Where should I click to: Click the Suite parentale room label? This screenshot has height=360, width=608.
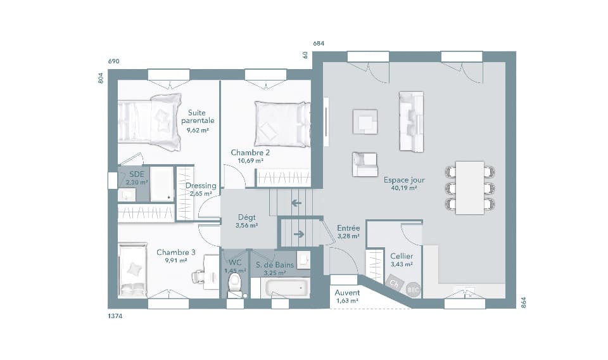tap(198, 116)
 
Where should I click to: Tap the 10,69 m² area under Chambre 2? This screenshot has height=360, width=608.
tap(250, 161)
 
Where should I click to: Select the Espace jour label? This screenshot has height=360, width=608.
tap(404, 180)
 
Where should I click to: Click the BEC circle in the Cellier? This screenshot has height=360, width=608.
tap(413, 289)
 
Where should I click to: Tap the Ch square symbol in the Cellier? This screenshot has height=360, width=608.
tap(394, 283)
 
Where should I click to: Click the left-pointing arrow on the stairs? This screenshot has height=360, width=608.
tap(295, 203)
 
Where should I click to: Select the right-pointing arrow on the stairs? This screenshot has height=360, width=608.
tap(300, 234)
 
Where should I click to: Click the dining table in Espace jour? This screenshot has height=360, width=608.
tap(469, 188)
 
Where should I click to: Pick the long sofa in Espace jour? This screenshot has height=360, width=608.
tap(410, 122)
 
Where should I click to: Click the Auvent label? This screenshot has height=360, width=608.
tap(348, 293)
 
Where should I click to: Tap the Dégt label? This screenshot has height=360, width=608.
tap(246, 217)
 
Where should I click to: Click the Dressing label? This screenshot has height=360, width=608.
tap(201, 186)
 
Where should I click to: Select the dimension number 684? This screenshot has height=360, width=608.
tap(319, 44)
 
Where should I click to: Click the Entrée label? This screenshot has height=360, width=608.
tap(348, 228)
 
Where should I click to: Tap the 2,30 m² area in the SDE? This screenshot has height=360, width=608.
tap(137, 182)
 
